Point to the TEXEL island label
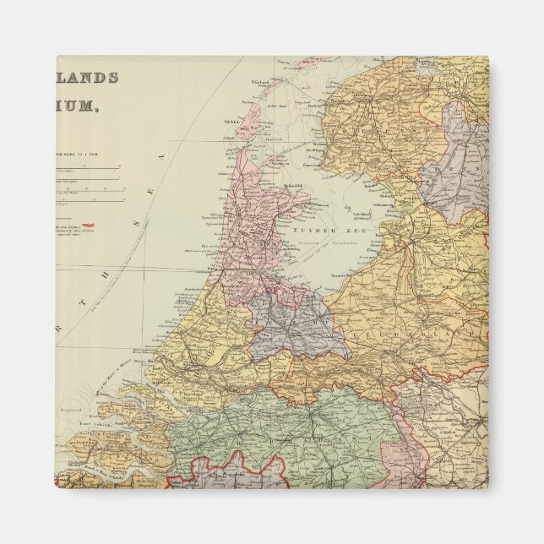point(231,121)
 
